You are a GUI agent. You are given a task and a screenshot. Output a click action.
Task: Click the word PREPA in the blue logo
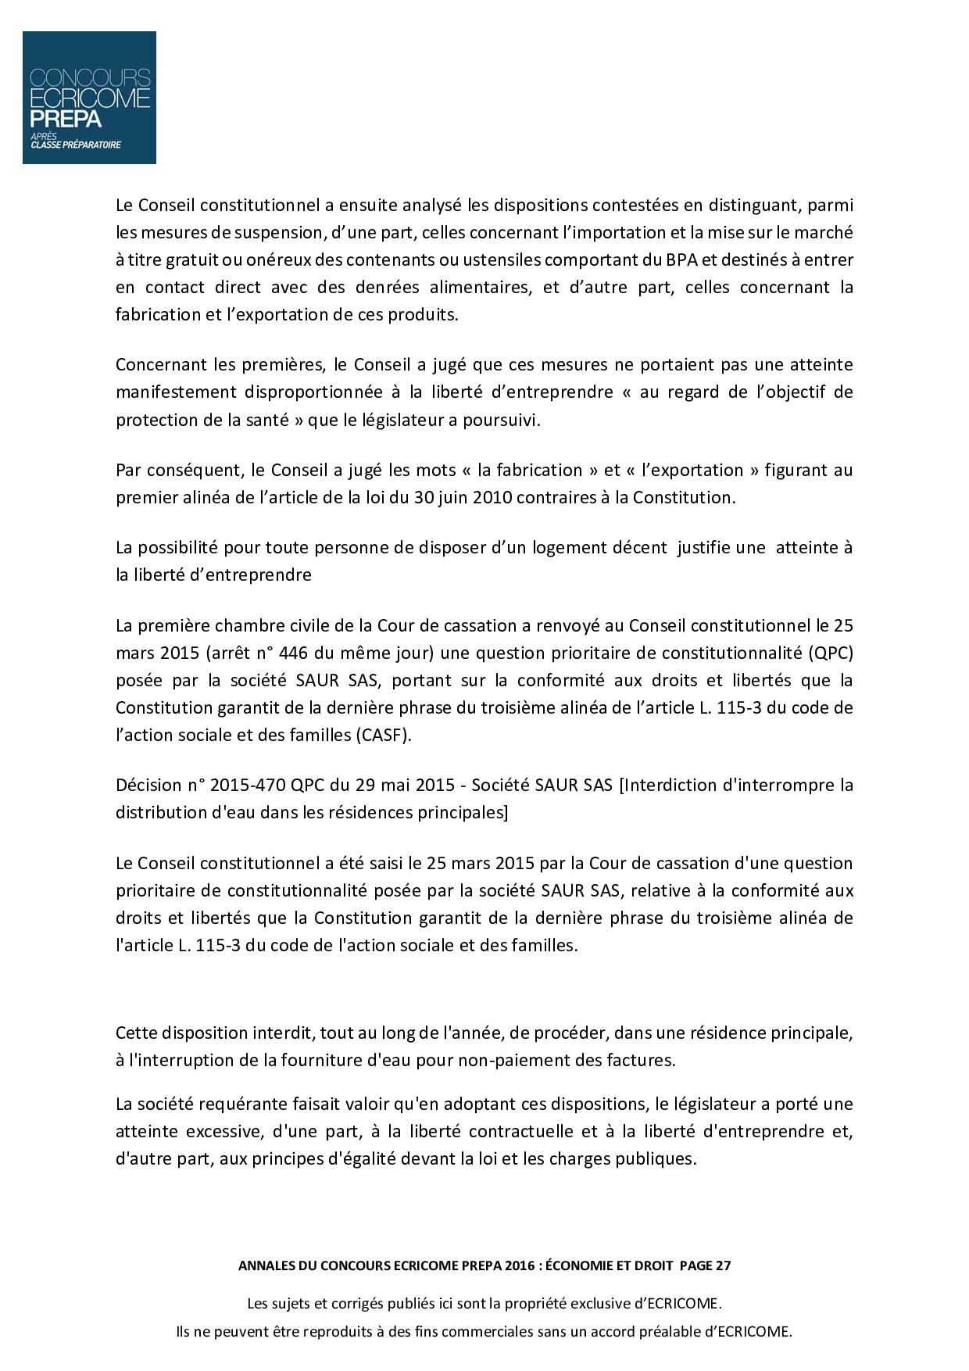66,119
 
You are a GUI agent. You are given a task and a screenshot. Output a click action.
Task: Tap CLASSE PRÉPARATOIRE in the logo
76,145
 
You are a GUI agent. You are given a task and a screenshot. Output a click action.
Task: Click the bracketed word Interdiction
669,785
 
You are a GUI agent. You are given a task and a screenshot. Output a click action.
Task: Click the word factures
640,1060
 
